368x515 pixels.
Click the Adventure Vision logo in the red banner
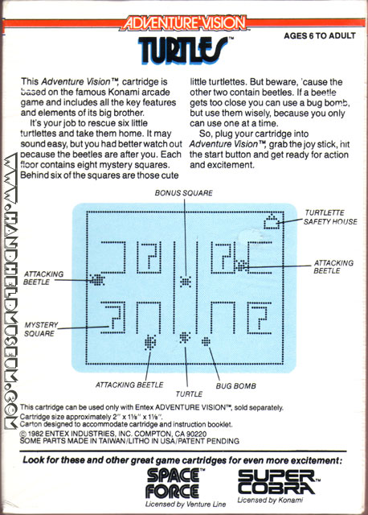185,23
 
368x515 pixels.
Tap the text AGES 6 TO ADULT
320,35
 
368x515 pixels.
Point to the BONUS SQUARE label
184,193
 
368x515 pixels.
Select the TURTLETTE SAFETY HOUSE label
330,217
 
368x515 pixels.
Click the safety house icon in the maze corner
272,221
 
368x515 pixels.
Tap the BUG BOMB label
235,386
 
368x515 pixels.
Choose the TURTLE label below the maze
189,393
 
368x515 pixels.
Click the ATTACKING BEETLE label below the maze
129,385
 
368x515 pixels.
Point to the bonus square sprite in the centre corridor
186,282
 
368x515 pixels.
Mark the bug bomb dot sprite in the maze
206,341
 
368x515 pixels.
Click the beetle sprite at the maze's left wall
96,280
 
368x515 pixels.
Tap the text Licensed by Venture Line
186,505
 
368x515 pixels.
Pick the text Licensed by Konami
270,501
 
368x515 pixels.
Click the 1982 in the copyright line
35,434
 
